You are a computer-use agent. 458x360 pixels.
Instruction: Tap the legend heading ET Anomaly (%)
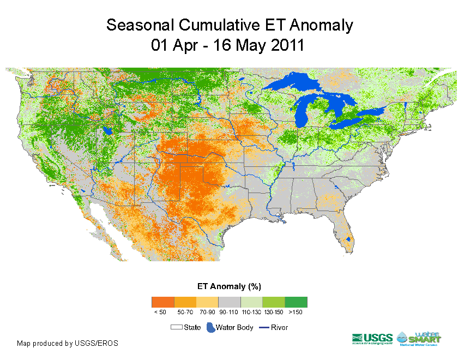(229, 286)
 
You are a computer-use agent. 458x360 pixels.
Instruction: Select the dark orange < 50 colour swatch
(162, 302)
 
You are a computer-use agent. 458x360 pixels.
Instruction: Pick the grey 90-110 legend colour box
(229, 302)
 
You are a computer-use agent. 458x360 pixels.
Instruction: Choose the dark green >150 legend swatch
(296, 302)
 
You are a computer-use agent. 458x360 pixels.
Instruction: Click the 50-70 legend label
(185, 313)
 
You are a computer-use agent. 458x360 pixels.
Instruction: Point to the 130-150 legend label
(273, 313)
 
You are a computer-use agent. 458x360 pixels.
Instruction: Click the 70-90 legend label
(207, 313)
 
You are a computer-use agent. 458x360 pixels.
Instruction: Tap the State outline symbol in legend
(176, 327)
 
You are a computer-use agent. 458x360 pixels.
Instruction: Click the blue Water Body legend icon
(210, 327)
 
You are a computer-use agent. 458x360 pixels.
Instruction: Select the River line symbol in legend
(263, 327)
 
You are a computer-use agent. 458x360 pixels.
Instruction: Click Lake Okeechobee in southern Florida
(348, 239)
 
